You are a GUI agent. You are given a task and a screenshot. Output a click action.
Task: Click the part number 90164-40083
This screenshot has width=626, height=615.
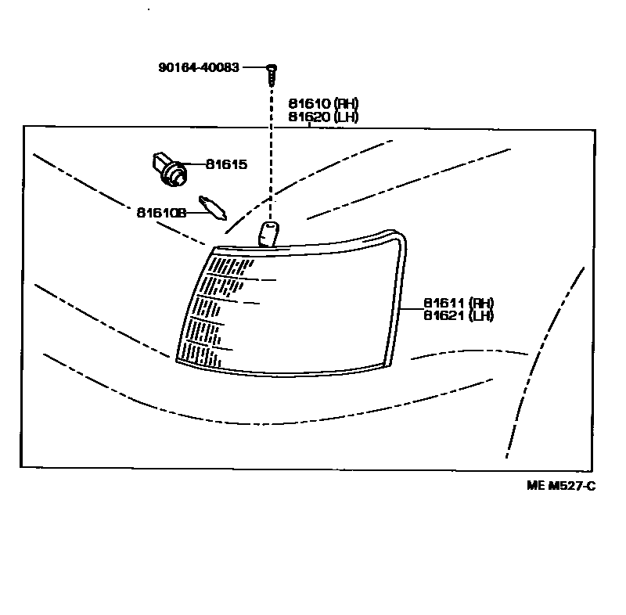199,68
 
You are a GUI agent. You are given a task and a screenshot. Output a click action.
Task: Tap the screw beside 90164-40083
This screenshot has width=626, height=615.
270,75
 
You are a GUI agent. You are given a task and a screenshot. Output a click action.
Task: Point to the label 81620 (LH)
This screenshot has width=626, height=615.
323,117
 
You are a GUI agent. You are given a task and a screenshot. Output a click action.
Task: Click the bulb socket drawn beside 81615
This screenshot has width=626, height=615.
167,168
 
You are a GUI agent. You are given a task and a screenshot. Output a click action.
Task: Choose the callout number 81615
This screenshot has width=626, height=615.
226,164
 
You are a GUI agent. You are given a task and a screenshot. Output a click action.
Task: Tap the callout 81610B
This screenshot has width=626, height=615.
160,212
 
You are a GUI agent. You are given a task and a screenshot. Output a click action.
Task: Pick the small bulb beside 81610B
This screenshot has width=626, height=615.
212,207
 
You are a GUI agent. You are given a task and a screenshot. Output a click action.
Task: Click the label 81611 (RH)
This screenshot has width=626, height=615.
459,303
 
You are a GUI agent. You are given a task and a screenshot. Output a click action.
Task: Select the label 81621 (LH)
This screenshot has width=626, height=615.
459,315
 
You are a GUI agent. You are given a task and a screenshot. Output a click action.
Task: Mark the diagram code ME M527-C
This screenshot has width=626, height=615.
561,486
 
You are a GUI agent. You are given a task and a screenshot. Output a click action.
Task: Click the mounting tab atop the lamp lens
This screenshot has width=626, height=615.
268,232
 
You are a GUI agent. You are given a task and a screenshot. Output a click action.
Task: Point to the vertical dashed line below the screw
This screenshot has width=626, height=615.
271,156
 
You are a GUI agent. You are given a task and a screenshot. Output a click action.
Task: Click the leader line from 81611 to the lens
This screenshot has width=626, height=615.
412,309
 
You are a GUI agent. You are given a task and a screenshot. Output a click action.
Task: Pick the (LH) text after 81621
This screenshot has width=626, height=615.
480,315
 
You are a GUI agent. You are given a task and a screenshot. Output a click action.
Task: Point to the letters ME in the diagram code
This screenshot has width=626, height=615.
535,486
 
